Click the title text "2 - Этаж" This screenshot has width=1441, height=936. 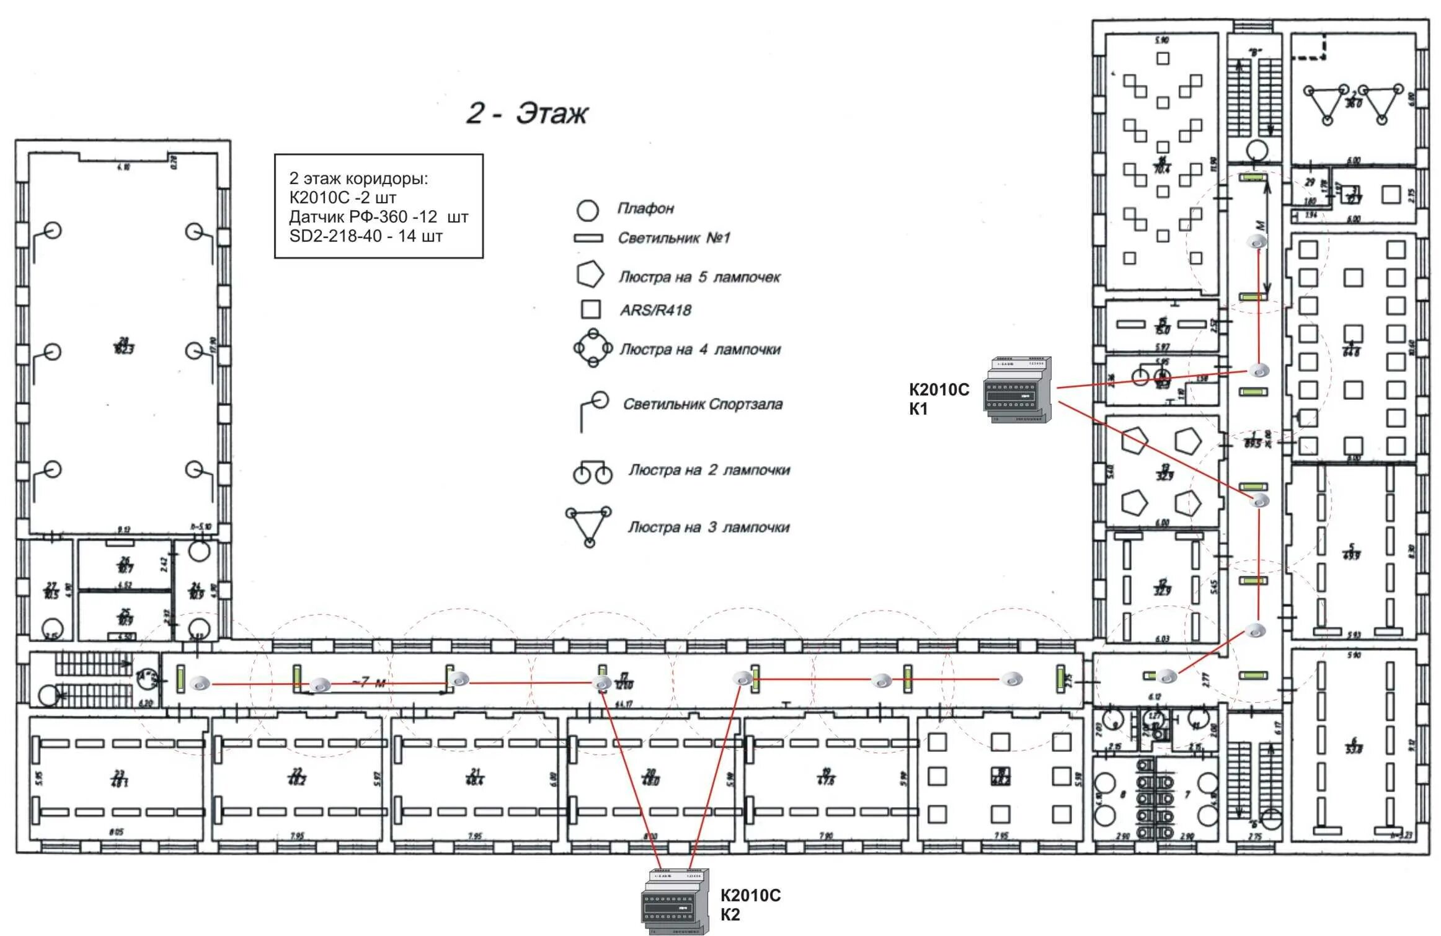(x=526, y=113)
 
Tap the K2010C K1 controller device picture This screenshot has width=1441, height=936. (x=1018, y=390)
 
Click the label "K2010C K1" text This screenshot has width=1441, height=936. (x=938, y=399)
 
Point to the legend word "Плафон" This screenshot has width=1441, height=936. (x=645, y=208)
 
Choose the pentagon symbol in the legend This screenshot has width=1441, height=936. (x=590, y=275)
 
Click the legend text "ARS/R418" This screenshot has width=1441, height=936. (x=655, y=310)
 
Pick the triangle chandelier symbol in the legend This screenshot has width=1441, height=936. (x=588, y=526)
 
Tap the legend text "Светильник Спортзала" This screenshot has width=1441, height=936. (x=703, y=404)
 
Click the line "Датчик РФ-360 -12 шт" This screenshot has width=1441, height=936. (x=378, y=217)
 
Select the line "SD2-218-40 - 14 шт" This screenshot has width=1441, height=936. (x=366, y=236)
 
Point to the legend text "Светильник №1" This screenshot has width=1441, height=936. (x=674, y=238)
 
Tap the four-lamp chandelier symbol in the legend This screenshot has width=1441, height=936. (x=593, y=348)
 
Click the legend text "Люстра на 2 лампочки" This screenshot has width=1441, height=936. (x=709, y=470)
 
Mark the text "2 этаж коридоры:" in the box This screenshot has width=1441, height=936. (x=358, y=179)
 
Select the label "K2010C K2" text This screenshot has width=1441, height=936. (x=750, y=904)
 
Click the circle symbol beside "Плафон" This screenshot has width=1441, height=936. (x=587, y=210)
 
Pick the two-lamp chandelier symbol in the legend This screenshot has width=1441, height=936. (x=592, y=472)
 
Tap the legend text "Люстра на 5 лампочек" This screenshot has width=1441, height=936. (x=699, y=277)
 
